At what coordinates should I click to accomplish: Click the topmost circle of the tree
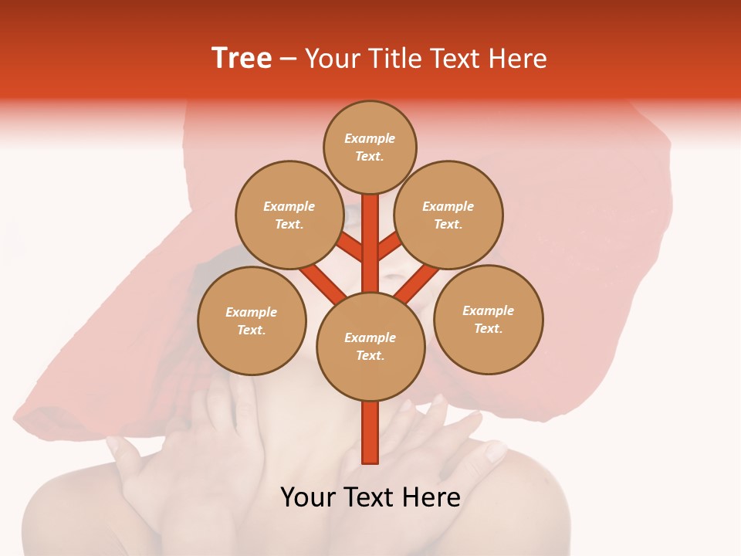[x=370, y=147]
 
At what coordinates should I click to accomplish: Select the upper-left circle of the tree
[x=289, y=215]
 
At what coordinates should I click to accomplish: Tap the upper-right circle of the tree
[x=448, y=215]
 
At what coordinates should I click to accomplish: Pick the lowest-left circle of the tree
[x=252, y=320]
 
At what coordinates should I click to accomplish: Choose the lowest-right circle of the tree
[x=489, y=319]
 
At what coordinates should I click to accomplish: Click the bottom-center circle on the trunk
[x=370, y=347]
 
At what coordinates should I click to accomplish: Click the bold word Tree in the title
[x=242, y=58]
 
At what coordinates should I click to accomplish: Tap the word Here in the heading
[x=519, y=59]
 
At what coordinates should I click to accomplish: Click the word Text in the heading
[x=457, y=59]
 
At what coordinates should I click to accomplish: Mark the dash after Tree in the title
[x=288, y=59]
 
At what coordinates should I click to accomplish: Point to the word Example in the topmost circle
[x=370, y=138]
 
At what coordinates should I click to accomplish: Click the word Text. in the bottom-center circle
[x=370, y=355]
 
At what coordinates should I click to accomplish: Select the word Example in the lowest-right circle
[x=488, y=310]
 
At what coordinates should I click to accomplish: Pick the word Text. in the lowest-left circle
[x=251, y=330]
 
